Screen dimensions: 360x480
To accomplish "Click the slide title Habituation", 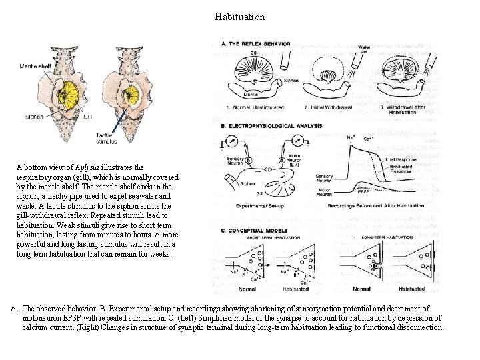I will pos(239,16).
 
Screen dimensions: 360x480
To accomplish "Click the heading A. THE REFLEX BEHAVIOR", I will pos(257,44).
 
